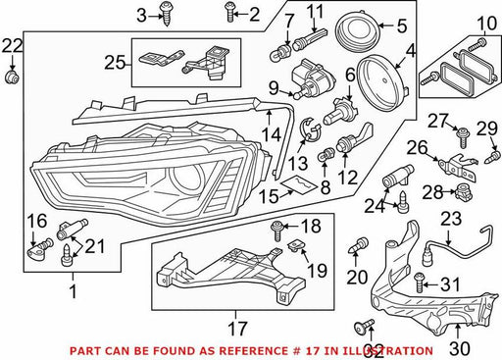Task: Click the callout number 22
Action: pos(13,46)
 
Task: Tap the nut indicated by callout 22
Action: pos(13,77)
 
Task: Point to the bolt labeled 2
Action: pos(230,13)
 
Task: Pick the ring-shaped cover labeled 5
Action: pos(358,31)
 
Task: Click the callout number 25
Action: pos(115,63)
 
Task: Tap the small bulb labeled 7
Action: pos(281,54)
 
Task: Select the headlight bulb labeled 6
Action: pos(340,111)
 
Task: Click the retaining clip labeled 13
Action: pos(310,130)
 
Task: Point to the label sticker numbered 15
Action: pos(300,185)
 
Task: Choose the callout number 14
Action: pos(271,134)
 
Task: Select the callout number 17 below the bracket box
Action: pos(237,328)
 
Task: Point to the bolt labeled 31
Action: pos(419,283)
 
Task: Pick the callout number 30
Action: pos(460,348)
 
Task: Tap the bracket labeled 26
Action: pos(457,166)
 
